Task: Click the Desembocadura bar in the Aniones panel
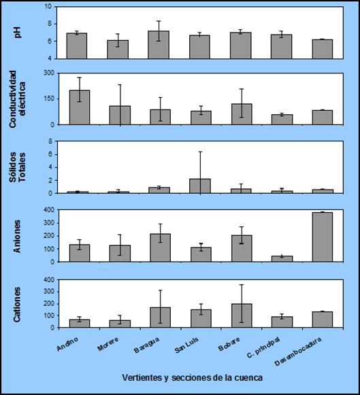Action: (323, 237)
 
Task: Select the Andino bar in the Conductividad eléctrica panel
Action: (80, 107)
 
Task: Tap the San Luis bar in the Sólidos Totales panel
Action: (200, 186)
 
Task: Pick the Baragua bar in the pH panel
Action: (159, 45)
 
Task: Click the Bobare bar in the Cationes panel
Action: (242, 315)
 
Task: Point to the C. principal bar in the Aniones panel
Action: (282, 259)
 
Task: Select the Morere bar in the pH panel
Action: (118, 50)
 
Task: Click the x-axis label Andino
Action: (67, 344)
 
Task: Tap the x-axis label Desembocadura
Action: (298, 351)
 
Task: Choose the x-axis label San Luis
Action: (186, 345)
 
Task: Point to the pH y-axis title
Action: (18, 33)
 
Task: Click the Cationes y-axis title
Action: (17, 305)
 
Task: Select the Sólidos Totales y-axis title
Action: (18, 167)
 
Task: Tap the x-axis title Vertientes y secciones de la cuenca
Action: (193, 377)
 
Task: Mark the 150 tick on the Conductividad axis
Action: (50, 99)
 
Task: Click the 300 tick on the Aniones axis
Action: (50, 223)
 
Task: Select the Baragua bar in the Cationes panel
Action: (161, 317)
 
